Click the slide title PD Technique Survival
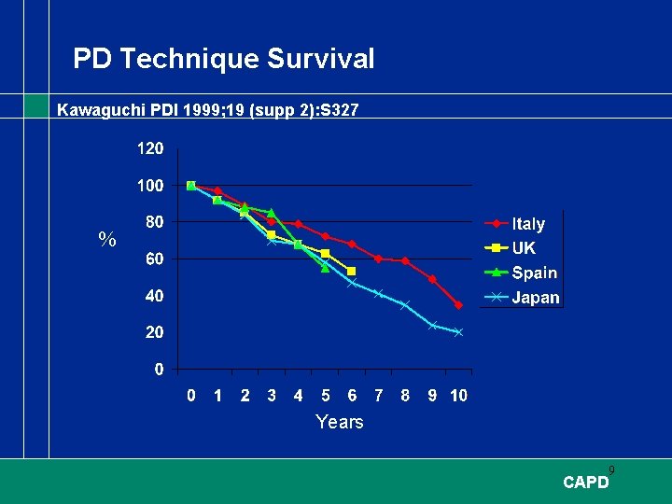(224, 60)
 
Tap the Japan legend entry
(535, 298)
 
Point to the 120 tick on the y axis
(150, 148)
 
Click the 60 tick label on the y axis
(154, 259)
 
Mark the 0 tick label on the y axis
(159, 370)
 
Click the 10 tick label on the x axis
(458, 396)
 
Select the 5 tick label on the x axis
(325, 396)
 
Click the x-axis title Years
(339, 422)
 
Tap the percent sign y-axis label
(107, 241)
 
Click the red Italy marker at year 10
(458, 305)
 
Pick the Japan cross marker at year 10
(458, 332)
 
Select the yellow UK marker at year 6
(351, 272)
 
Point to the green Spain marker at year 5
(325, 268)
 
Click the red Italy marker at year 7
(378, 259)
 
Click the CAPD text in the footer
(586, 483)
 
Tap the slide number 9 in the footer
(611, 469)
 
